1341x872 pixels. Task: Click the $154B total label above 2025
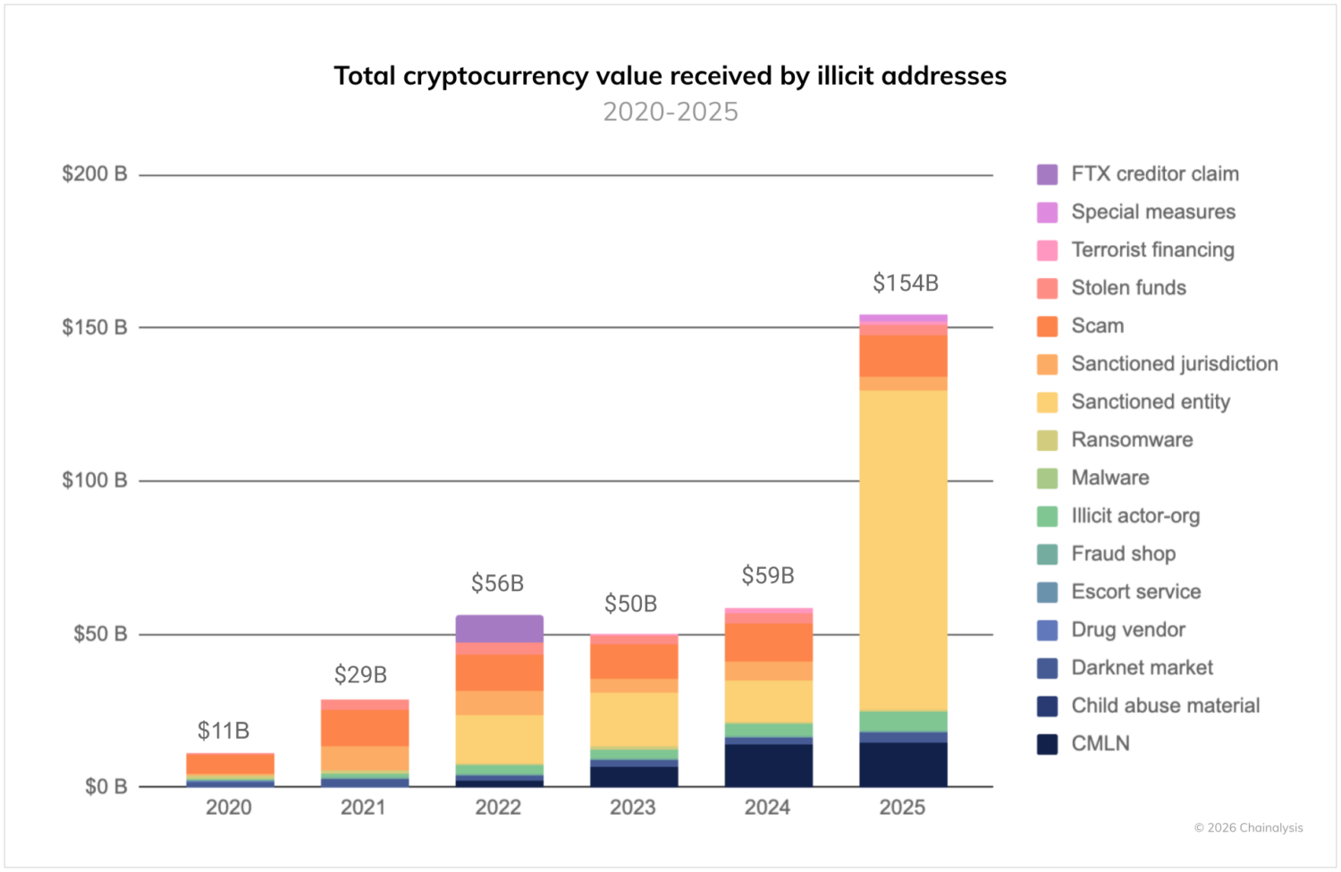905,284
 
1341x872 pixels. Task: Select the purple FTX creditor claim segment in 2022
499,629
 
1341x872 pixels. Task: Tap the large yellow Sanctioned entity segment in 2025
903,550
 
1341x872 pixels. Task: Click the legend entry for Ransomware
1132,440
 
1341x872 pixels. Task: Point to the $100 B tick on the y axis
94,480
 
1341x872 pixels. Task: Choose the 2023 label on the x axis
632,808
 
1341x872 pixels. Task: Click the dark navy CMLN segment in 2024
768,766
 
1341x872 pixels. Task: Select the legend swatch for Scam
1047,326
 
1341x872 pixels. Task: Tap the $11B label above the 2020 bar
223,731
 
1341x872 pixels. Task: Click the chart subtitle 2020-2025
670,112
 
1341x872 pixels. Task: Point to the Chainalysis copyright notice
1248,828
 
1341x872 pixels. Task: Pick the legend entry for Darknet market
1142,668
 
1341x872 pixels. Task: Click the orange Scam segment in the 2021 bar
364,727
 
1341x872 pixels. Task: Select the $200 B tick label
94,174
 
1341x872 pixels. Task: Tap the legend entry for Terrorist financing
1152,250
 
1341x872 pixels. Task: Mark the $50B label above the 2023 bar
630,605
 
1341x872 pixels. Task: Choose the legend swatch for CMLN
1047,744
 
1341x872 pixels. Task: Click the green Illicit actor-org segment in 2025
903,721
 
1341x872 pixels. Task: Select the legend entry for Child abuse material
1165,706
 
